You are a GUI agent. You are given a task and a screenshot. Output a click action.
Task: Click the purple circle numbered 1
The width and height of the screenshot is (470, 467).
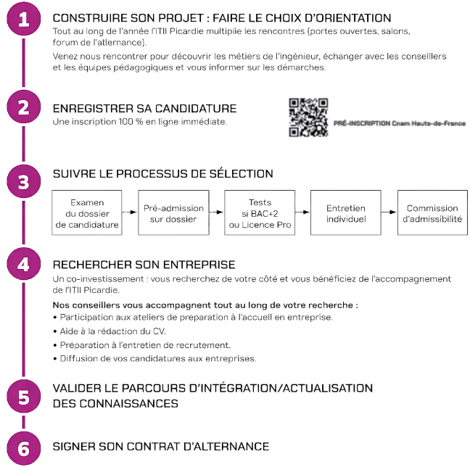[23, 21]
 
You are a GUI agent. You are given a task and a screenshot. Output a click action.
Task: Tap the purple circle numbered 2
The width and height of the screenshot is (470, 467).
[23, 107]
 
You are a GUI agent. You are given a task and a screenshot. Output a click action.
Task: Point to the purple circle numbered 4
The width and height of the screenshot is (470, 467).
[23, 264]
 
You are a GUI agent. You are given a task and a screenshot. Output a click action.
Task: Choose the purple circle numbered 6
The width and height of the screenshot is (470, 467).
[23, 447]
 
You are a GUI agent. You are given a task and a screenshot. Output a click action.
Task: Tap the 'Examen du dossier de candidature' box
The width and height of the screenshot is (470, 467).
[87, 212]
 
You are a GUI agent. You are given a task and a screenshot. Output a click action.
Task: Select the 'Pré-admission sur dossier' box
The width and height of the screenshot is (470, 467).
[173, 212]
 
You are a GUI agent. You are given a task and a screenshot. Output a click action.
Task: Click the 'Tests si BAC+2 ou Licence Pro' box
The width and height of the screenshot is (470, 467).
[259, 212]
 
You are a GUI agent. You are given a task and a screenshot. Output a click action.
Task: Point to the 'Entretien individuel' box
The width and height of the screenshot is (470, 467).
[346, 212]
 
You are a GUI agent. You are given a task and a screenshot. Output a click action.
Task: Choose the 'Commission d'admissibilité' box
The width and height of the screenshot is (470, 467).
[432, 212]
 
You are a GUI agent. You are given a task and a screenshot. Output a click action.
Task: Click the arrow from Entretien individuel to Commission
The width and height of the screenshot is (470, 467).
[389, 212]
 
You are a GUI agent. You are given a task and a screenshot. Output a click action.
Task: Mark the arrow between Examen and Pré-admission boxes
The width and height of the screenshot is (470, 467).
[130, 212]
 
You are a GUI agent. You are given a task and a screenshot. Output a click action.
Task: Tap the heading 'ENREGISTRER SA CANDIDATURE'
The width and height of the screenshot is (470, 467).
[144, 109]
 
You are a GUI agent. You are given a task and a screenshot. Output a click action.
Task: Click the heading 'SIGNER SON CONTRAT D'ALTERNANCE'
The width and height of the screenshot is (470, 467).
[161, 447]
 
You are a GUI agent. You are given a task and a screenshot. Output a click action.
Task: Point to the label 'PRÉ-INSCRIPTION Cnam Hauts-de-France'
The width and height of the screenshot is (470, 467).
[400, 124]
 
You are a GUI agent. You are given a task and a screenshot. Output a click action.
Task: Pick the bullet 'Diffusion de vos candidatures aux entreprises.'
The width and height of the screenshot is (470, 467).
[154, 358]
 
